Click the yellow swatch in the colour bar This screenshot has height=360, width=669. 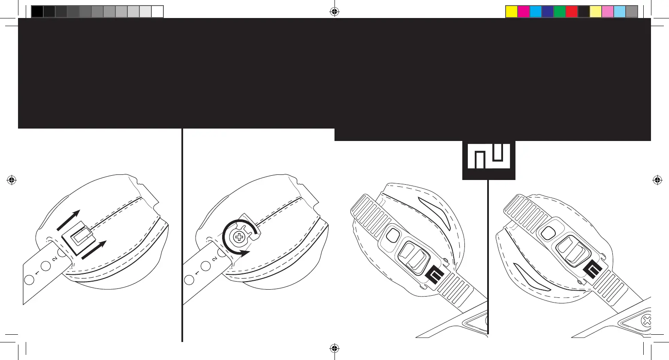click(512, 12)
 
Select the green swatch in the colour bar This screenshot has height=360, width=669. click(560, 12)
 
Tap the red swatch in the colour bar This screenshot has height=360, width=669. click(572, 12)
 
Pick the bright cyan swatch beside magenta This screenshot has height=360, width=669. click(536, 12)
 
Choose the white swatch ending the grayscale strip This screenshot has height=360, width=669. click(157, 12)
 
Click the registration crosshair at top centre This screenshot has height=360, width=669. click(335, 12)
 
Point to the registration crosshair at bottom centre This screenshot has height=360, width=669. click(335, 348)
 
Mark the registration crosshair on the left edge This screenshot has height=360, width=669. click(12, 180)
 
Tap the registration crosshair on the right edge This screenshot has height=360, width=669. click(657, 180)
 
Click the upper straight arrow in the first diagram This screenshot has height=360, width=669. click(68, 218)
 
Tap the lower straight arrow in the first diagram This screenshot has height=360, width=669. click(93, 250)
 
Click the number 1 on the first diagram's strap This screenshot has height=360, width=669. click(37, 273)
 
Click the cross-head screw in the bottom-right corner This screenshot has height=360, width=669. click(647, 321)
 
